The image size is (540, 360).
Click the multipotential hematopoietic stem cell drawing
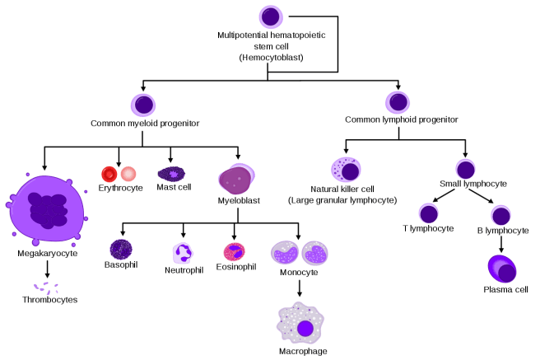click(x=271, y=16)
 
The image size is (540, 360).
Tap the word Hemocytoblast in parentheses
click(x=272, y=58)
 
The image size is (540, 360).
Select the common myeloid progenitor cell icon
click(x=143, y=105)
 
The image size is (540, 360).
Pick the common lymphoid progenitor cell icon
click(x=398, y=102)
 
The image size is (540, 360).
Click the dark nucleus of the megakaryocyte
click(x=49, y=211)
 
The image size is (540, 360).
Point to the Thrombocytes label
click(x=50, y=300)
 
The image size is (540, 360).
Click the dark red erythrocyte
click(x=109, y=174)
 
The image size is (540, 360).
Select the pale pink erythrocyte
click(x=128, y=174)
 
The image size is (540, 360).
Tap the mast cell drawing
click(x=171, y=174)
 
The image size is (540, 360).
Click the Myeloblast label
click(x=239, y=200)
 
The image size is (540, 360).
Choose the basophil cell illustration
click(x=121, y=250)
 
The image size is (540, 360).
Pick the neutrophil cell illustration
click(x=183, y=253)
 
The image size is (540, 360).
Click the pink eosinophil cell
click(x=235, y=252)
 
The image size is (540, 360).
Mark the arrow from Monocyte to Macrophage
click(x=300, y=288)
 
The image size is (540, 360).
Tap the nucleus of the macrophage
click(x=305, y=329)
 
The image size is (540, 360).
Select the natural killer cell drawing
click(x=346, y=170)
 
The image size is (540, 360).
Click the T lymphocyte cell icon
click(x=428, y=213)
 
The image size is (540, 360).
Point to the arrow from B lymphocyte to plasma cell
click(x=501, y=244)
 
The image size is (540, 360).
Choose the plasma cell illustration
click(x=502, y=269)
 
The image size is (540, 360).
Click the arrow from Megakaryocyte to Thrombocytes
click(x=47, y=269)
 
